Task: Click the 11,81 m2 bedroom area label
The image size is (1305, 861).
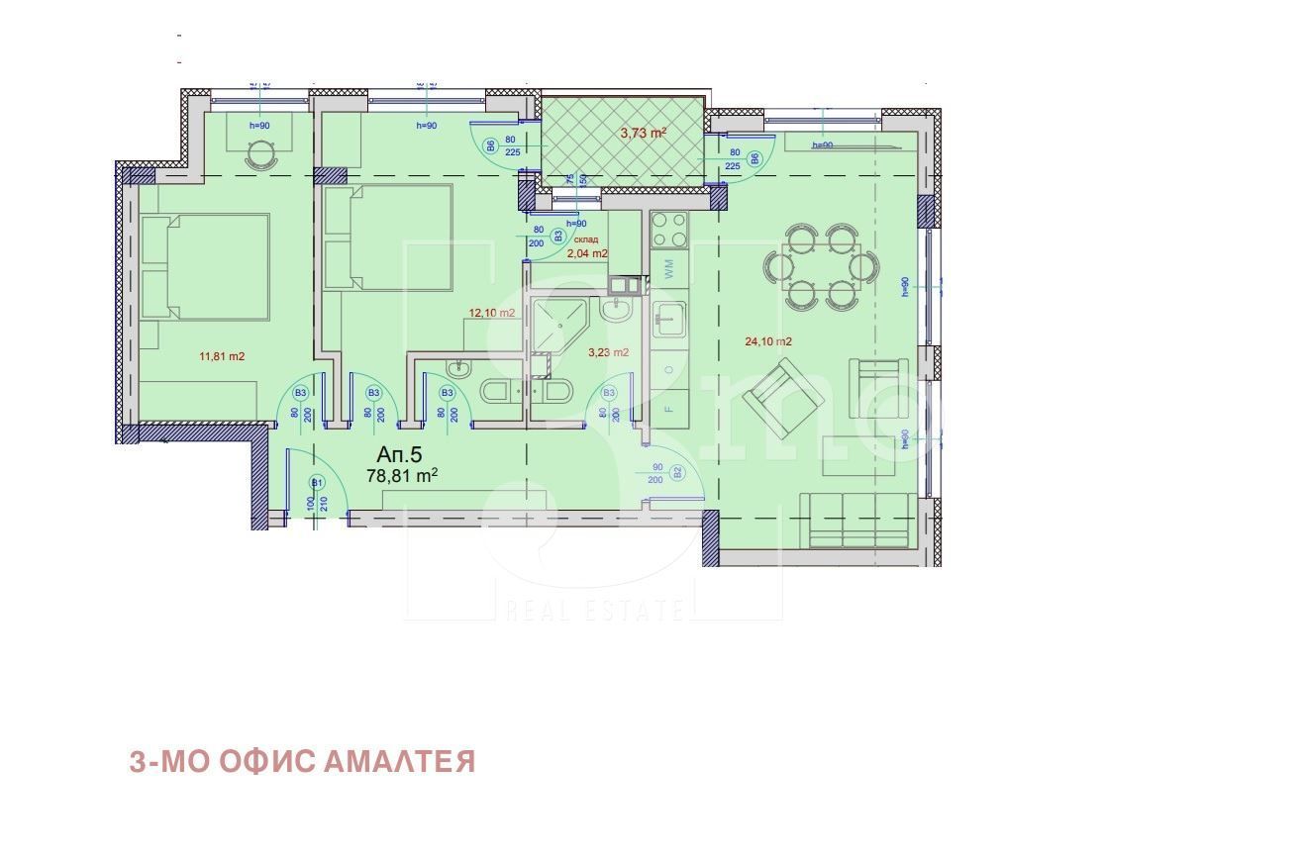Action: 222,356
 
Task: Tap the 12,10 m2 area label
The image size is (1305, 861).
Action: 492,314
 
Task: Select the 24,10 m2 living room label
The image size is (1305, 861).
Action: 768,342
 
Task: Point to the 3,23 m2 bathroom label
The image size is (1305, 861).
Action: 608,352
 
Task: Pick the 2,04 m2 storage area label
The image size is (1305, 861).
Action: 587,253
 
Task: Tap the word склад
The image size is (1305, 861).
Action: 585,239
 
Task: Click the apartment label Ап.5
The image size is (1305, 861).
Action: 399,454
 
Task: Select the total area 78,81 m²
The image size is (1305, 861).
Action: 402,476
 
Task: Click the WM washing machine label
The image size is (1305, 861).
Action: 669,268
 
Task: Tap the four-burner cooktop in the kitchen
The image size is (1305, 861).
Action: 669,230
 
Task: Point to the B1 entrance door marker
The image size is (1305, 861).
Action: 317,482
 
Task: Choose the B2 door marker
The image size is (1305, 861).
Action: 677,473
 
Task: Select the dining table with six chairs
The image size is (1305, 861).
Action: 821,266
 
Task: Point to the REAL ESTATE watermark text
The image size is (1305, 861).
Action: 594,609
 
